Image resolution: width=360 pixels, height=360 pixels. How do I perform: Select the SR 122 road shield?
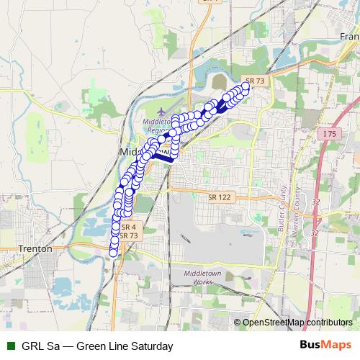[x=217, y=197]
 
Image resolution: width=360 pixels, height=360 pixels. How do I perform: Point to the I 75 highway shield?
[x=329, y=134]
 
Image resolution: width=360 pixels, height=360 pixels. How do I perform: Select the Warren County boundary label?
[x=294, y=209]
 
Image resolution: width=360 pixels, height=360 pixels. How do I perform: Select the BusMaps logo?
[x=325, y=346]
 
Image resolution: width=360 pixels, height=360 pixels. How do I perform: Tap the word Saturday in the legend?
[x=148, y=346]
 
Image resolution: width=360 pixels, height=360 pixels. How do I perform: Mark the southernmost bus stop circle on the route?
[x=113, y=252]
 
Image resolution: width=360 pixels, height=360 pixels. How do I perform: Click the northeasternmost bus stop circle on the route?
[x=246, y=86]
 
